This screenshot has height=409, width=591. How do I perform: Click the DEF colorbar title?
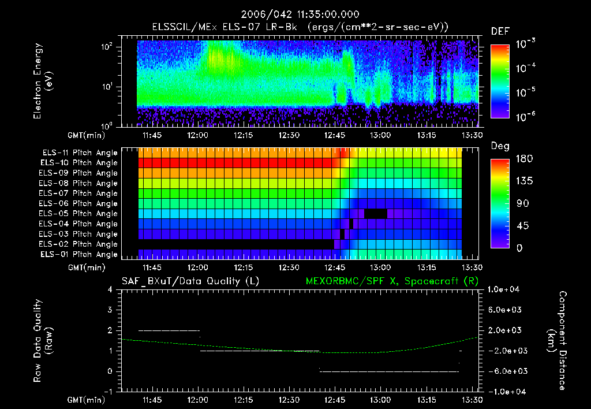(499, 31)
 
